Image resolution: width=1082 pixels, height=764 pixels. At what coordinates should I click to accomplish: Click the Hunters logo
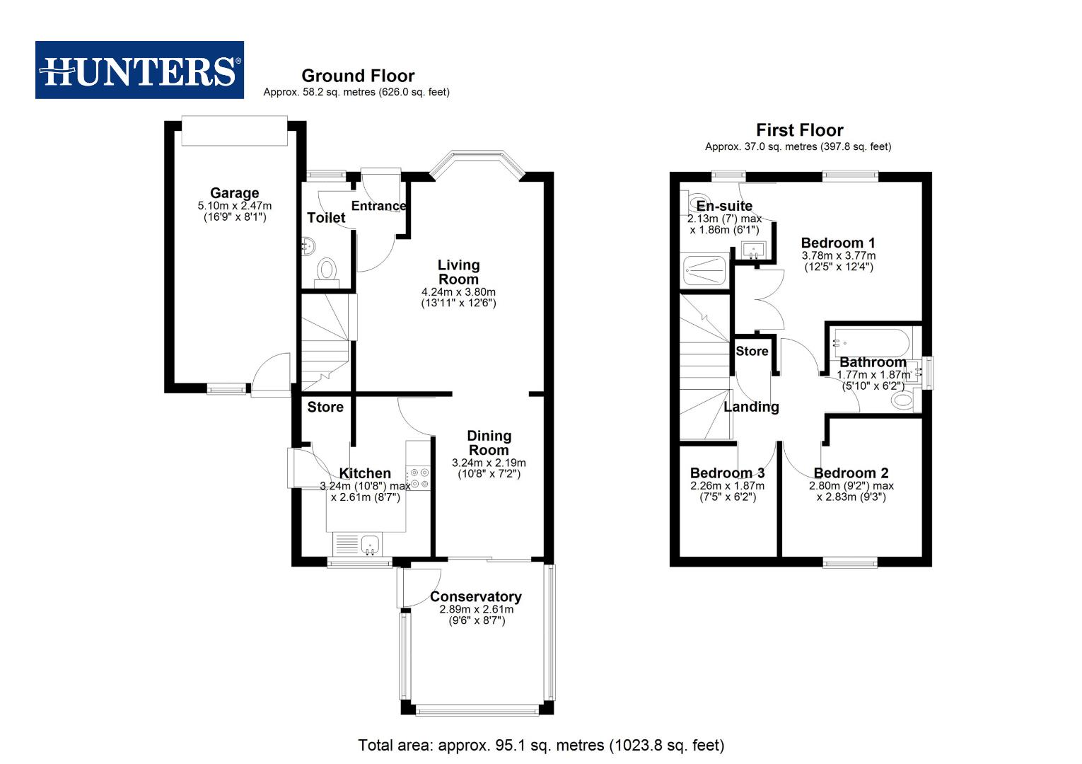click(x=139, y=70)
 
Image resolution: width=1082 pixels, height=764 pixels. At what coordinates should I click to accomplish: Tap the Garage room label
click(x=234, y=193)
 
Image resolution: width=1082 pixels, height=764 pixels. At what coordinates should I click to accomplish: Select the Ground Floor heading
click(x=358, y=76)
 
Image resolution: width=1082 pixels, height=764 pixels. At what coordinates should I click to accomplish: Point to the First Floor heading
click(x=799, y=130)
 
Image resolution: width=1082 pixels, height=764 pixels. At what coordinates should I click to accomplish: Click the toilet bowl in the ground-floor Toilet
click(x=326, y=270)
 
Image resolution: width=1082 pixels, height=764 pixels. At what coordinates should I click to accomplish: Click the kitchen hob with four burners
click(x=418, y=477)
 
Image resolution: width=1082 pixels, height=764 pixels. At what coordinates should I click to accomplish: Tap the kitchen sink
click(x=370, y=544)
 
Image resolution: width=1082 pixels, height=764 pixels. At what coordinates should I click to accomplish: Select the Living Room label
click(x=458, y=272)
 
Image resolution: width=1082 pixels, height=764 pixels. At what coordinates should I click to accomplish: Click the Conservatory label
click(x=475, y=596)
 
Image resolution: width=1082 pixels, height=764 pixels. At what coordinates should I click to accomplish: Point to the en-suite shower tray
click(x=704, y=270)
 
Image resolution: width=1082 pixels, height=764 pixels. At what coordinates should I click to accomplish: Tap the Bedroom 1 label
click(x=838, y=243)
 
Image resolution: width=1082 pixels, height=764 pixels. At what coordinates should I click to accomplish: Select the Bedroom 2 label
click(x=851, y=473)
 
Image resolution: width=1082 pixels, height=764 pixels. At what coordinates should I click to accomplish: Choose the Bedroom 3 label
click(x=727, y=473)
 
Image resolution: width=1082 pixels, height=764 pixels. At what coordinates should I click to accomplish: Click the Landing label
click(x=751, y=407)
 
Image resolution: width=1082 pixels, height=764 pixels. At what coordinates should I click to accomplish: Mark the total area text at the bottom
click(x=541, y=745)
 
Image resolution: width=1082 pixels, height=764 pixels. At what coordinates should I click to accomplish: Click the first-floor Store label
click(x=752, y=351)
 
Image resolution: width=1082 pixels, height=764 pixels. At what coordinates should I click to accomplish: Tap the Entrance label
click(x=378, y=206)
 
